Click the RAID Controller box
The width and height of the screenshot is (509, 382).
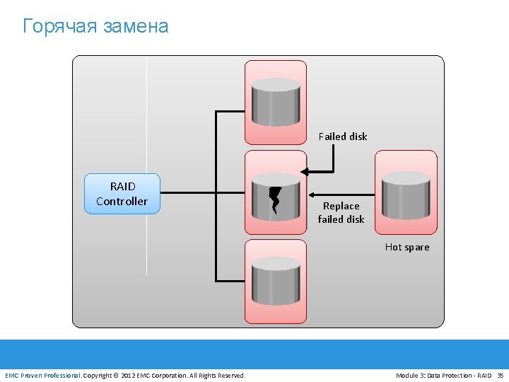coord(122,194)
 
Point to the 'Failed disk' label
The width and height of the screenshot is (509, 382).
coord(343,137)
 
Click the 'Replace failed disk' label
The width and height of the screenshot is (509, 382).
coord(341,212)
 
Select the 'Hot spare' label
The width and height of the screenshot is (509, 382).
coord(407,247)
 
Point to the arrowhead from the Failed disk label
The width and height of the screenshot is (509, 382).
coord(305,171)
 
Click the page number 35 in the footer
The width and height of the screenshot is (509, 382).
coord(501,375)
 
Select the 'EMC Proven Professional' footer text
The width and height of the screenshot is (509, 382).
coord(42,375)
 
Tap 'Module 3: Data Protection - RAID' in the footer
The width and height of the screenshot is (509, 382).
coord(443,375)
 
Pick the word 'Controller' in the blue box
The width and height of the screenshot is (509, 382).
coord(122,202)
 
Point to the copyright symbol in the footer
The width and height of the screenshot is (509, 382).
coord(116,375)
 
